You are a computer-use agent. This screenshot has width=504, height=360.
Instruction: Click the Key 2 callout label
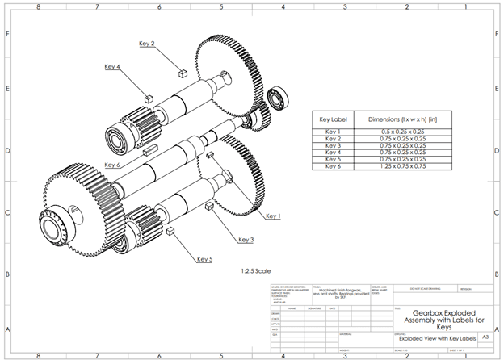click(146, 44)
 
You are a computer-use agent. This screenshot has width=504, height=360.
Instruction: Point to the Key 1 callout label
click(273, 216)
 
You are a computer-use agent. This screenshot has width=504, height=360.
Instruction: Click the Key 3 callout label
click(246, 239)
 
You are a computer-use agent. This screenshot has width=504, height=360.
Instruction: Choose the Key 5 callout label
click(204, 259)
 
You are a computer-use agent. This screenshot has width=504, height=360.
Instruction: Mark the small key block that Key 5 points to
click(170, 232)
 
